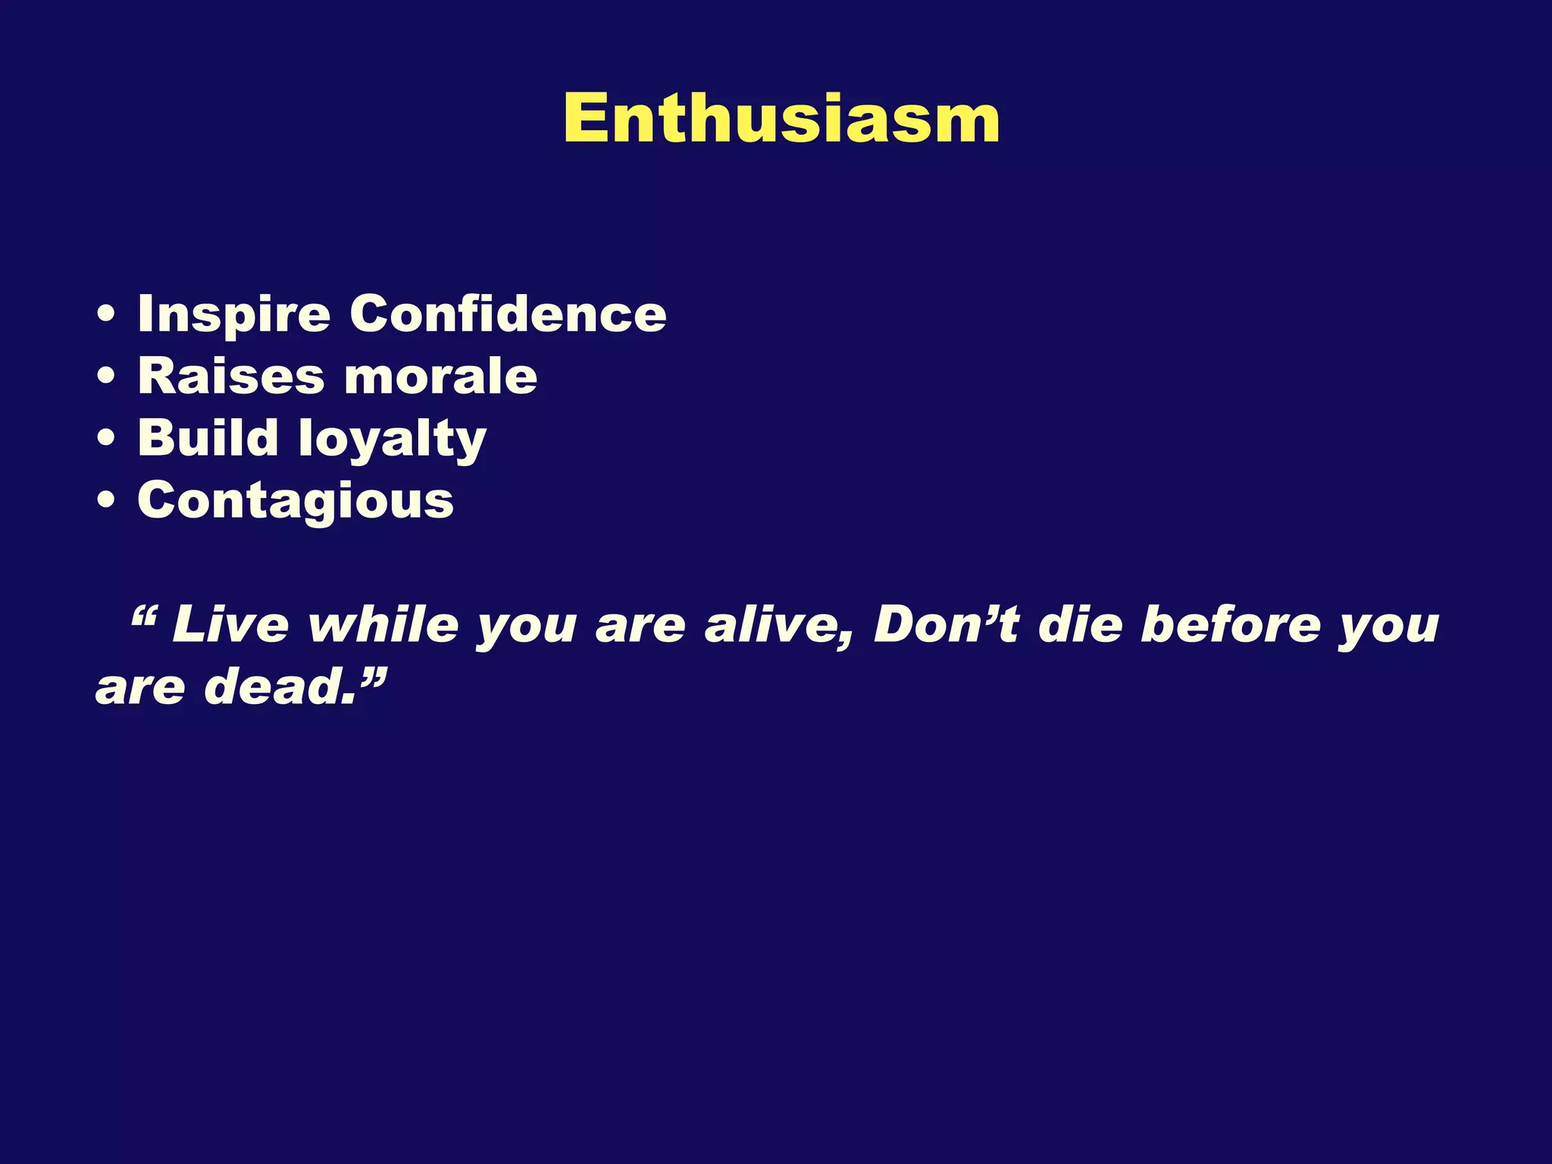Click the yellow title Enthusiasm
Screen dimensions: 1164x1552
click(781, 119)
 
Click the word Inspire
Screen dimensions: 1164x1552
click(234, 314)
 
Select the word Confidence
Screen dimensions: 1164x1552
click(508, 314)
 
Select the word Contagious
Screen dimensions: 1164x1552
click(296, 502)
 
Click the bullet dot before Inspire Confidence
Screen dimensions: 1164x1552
click(107, 315)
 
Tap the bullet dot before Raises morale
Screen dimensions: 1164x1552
click(107, 377)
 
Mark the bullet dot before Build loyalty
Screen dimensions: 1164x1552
click(107, 440)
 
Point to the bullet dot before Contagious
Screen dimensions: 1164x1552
click(107, 502)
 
